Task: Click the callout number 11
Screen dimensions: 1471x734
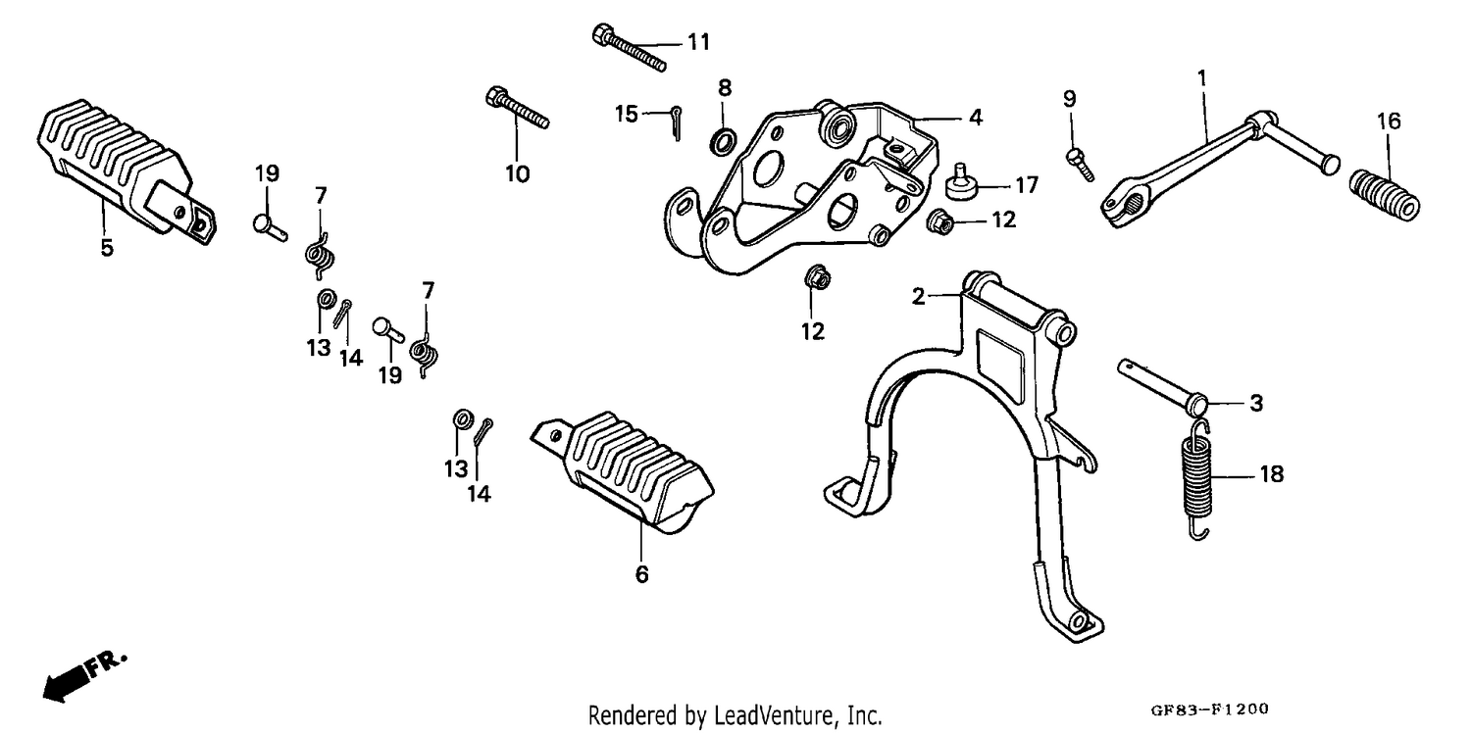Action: [698, 42]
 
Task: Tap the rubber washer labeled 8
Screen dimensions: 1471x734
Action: [724, 141]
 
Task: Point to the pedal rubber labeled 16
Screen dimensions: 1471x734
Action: [1385, 195]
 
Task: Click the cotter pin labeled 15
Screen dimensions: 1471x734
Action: [676, 122]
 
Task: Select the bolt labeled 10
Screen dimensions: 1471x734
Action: [518, 108]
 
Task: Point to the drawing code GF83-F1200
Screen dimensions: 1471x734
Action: [1209, 710]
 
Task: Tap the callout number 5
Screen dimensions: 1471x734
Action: [107, 248]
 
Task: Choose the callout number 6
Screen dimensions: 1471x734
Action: [641, 574]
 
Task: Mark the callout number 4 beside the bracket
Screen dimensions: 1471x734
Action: [976, 118]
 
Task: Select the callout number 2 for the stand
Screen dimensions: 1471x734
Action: [918, 297]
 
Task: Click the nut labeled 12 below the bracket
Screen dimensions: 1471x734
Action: [817, 278]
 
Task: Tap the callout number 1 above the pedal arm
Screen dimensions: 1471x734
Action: [1201, 78]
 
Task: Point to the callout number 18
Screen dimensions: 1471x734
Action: [1271, 473]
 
